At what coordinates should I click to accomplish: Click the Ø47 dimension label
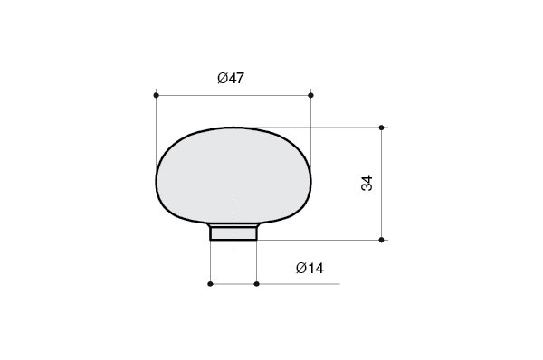pyautogui.click(x=231, y=78)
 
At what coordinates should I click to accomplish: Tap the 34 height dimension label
pyautogui.click(x=367, y=184)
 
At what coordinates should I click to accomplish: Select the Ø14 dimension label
pyautogui.click(x=310, y=269)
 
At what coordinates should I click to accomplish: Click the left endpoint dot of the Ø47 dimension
pyautogui.click(x=157, y=95)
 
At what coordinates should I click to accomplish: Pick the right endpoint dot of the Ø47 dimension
pyautogui.click(x=310, y=95)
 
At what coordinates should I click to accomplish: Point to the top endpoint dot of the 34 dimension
pyautogui.click(x=381, y=128)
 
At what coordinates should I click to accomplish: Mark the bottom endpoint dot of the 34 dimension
pyautogui.click(x=381, y=240)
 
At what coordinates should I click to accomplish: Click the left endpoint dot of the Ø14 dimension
pyautogui.click(x=210, y=284)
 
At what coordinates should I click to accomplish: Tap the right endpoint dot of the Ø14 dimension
pyautogui.click(x=256, y=284)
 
